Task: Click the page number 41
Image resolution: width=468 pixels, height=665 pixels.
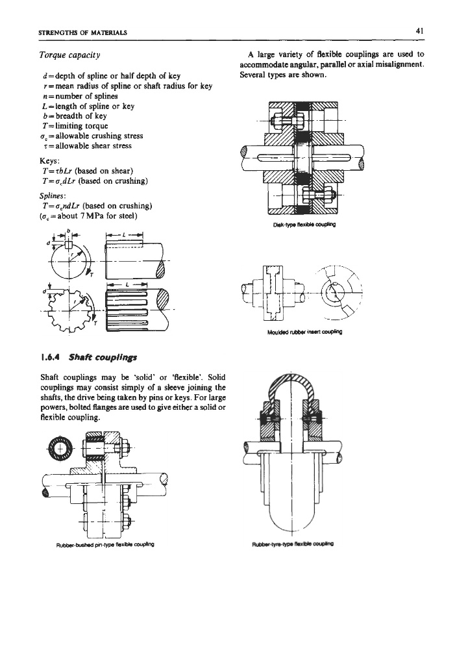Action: [x=420, y=31]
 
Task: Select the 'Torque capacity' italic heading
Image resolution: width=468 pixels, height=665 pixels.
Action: [x=69, y=55]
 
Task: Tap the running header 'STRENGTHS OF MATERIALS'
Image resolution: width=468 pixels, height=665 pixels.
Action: [x=82, y=32]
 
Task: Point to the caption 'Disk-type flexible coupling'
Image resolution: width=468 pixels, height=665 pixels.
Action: [x=304, y=224]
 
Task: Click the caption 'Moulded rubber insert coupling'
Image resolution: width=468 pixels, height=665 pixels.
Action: [x=305, y=332]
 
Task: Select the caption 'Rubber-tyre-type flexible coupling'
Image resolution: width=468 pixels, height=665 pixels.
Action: [x=293, y=544]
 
